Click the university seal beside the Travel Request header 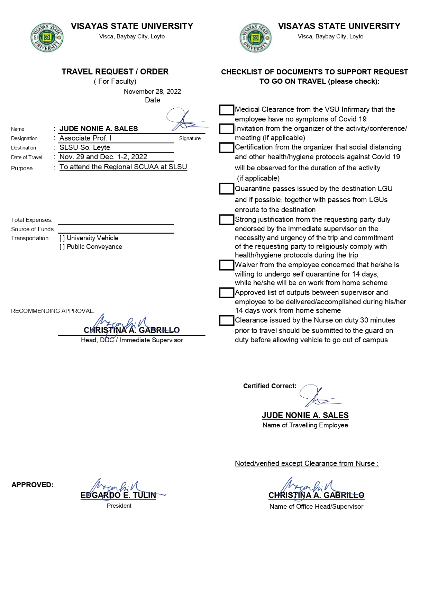[x=47, y=38]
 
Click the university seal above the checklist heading [x=255, y=38]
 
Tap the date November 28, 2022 [x=152, y=91]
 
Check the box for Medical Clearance [x=227, y=110]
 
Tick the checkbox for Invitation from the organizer [x=227, y=129]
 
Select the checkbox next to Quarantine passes [x=227, y=189]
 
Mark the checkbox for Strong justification [x=227, y=220]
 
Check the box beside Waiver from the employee [x=227, y=265]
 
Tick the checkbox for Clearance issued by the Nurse [x=227, y=320]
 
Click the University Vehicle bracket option [x=62, y=238]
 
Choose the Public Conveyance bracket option [x=62, y=247]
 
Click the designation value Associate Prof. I [x=85, y=138]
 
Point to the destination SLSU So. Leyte [x=85, y=147]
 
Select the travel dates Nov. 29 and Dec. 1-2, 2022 [x=103, y=157]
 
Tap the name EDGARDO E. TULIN [x=118, y=495]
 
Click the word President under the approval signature [x=119, y=506]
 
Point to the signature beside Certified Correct [x=319, y=396]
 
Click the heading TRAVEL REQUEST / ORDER [x=115, y=72]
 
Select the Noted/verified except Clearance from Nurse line [x=307, y=463]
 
